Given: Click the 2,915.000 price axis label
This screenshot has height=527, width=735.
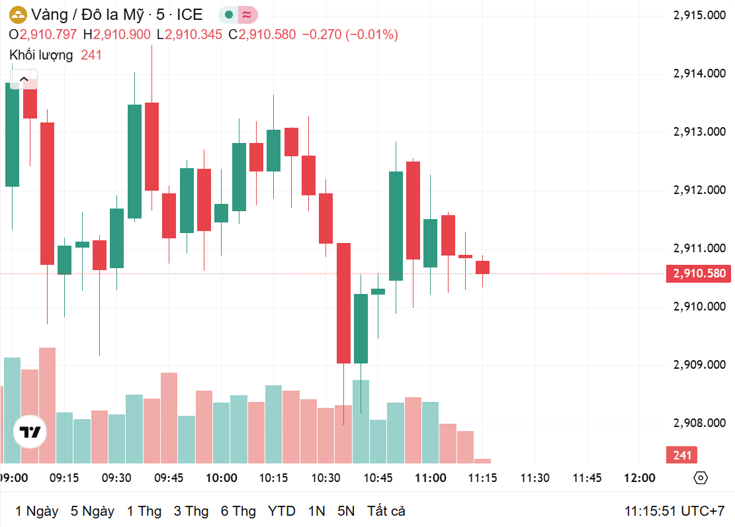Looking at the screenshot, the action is [699, 15].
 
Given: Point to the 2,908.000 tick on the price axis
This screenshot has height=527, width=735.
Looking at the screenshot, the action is [699, 423].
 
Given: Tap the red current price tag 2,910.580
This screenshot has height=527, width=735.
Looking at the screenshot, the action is [699, 273].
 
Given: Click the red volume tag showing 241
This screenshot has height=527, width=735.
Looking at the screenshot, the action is [681, 455].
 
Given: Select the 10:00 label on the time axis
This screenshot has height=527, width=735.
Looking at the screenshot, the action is [221, 478].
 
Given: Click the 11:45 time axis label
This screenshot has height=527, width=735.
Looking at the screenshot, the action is [587, 478].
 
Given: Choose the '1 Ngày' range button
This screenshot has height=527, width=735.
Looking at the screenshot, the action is [36, 511].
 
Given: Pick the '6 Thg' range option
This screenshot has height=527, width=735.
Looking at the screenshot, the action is [238, 511].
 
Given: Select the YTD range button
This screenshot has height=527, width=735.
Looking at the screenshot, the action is [281, 511].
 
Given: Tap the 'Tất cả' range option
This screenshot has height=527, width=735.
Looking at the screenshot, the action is [386, 511].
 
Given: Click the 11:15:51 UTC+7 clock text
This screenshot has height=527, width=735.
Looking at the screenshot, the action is [675, 511].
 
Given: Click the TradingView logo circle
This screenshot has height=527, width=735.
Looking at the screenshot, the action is [30, 432].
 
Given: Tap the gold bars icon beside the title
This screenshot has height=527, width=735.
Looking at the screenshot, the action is [19, 15].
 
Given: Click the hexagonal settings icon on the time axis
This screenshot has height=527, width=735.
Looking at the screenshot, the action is [701, 478].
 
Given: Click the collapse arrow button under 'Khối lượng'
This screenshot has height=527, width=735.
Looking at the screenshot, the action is [24, 79].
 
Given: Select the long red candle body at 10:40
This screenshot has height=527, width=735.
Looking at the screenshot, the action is [343, 303].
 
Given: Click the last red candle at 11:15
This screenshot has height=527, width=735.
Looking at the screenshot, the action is [482, 267].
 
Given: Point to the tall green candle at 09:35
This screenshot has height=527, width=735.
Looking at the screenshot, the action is [134, 162].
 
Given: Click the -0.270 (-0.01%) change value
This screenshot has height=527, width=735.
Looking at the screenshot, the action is [350, 34].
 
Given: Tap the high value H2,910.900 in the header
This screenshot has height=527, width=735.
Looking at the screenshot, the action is [116, 34].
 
